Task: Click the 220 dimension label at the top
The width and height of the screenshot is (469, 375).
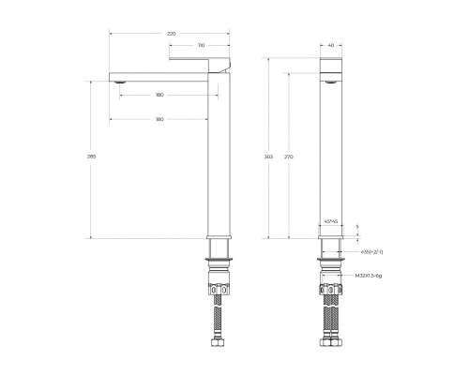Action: pyautogui.click(x=171, y=33)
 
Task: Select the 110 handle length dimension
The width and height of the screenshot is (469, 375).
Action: pyautogui.click(x=203, y=44)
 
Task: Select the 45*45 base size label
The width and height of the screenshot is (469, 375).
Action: pyautogui.click(x=330, y=221)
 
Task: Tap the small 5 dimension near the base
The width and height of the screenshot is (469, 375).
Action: pyautogui.click(x=356, y=227)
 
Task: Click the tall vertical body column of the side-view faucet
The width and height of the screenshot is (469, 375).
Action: pyautogui.click(x=219, y=159)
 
